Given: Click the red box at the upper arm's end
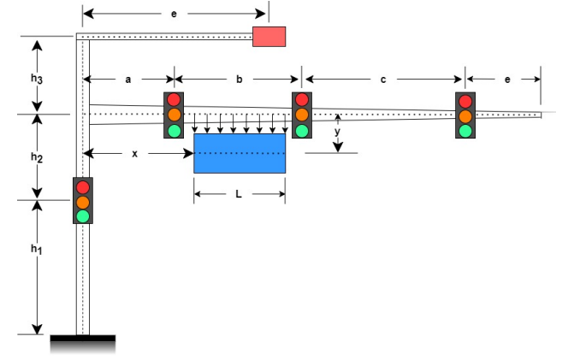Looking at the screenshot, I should pos(269,36).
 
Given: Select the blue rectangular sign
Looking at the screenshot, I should pos(240,153).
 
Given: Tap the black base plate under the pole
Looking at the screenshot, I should pos(82,340).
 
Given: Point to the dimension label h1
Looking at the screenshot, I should pos(36,249).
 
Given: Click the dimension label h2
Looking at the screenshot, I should pos(36,157).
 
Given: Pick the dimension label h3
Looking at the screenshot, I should pos(36,78).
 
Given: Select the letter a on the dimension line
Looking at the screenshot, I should pos(128,80).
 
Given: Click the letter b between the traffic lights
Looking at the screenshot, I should pos(239,80).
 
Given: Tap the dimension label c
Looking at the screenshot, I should pos(383,80).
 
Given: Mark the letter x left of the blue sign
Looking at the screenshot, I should pos(135,153).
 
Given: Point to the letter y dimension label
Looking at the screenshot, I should pos(337,132).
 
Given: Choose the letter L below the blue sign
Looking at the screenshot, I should pos(239,194).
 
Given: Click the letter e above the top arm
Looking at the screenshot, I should pos(175,14).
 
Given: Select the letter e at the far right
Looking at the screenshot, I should pos(507,80).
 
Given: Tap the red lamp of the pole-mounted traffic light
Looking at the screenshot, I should pos(83,186).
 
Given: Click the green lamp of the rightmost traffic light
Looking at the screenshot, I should pos(465,131).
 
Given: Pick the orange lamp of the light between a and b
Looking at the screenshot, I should pos(175,115).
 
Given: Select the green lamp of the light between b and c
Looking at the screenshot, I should pos(302,130).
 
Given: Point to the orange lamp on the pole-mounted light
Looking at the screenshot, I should pos(83,202).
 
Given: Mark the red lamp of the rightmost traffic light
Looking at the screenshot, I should pos(465,101).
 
